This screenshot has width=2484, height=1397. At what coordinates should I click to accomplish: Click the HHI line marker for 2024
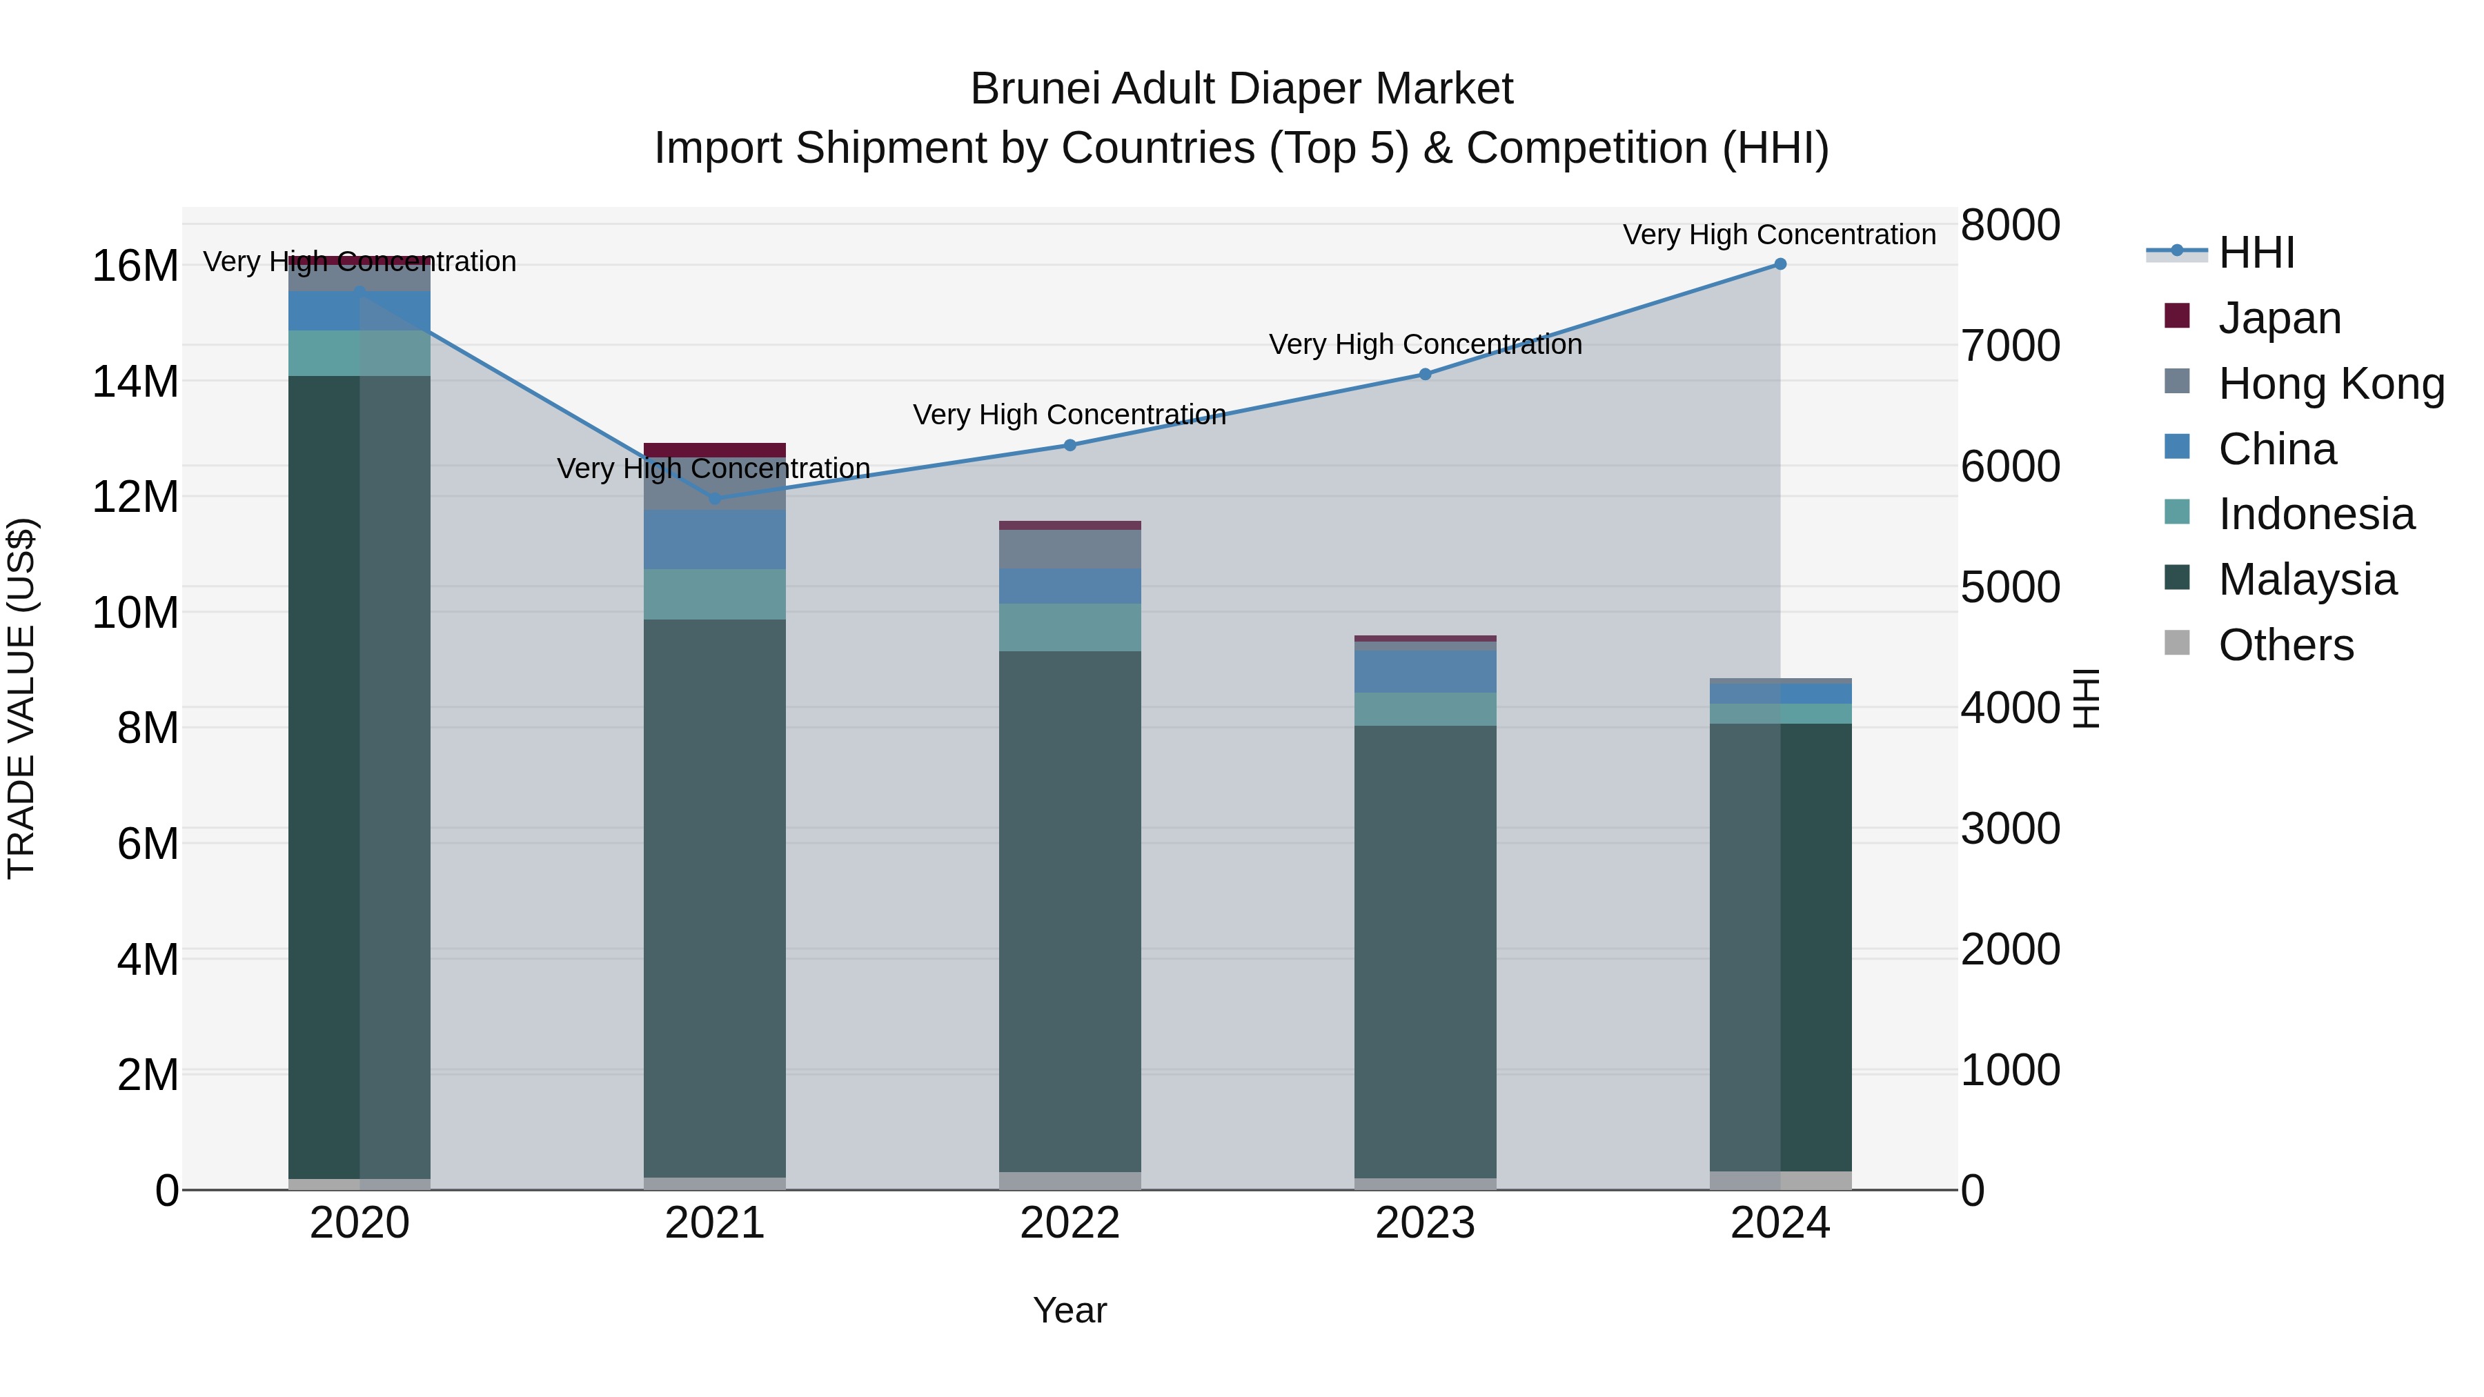tap(1780, 264)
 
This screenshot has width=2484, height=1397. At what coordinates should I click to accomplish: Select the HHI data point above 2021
tap(715, 499)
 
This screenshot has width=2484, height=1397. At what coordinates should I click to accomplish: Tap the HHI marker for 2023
tap(1426, 374)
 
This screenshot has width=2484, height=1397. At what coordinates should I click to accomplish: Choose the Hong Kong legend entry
tap(2331, 384)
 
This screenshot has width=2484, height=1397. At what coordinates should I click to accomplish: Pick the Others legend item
tap(2285, 645)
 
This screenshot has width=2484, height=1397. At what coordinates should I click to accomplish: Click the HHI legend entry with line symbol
tap(2256, 252)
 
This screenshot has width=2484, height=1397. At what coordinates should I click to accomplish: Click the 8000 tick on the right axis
tap(2011, 225)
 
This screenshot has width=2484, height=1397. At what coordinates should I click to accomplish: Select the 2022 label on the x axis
tap(1069, 1223)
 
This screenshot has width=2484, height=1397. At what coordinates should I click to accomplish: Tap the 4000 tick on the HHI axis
tap(2011, 708)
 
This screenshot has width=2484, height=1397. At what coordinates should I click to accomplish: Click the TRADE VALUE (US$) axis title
tap(21, 698)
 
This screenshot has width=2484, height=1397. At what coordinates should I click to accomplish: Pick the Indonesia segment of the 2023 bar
tap(1426, 709)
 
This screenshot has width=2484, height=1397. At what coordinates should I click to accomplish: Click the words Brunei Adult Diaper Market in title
tap(1241, 89)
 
